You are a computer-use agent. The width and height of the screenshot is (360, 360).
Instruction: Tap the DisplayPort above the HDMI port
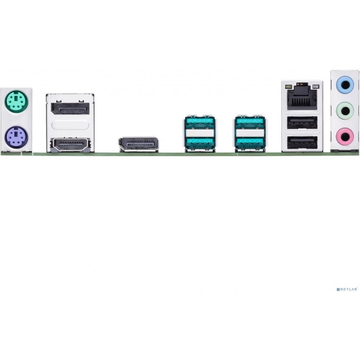coord(70,108)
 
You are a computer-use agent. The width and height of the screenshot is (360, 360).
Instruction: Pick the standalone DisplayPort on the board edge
coord(138,144)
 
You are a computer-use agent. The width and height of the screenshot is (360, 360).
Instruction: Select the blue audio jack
coord(345,85)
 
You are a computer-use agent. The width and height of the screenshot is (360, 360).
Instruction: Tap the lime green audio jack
coord(345,111)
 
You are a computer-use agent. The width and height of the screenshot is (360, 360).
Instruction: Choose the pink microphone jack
coord(345,137)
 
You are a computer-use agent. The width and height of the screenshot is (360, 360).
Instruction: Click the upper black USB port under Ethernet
coord(302,122)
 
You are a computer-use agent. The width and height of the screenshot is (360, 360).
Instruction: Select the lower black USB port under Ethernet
coord(302,143)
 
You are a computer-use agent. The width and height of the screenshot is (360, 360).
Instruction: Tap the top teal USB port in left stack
coord(200,122)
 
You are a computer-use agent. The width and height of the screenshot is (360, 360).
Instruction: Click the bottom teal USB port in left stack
coord(200,143)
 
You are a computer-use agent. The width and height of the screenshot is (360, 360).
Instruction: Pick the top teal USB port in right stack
coord(250,122)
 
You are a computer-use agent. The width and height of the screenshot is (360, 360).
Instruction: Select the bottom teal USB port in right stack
coord(250,143)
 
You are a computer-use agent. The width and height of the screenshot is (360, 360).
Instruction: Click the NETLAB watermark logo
coord(347,289)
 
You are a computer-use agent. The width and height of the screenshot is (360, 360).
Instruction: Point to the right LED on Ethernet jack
coord(316,87)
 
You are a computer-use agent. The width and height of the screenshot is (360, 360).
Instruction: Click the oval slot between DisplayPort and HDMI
coord(70,125)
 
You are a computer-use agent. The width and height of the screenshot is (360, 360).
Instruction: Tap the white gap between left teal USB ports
coord(200,133)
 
